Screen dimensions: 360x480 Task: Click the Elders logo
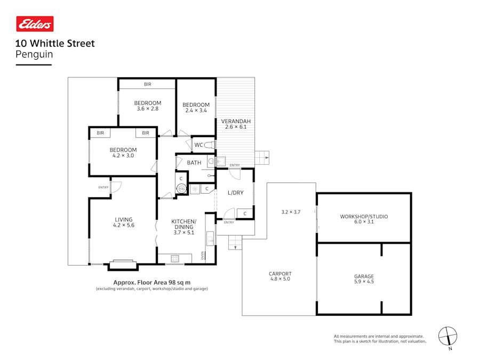tap(35, 24)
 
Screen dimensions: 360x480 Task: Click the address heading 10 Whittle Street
tap(55, 43)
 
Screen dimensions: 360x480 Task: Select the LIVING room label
tap(123, 219)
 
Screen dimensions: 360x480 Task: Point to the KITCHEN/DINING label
tap(183, 224)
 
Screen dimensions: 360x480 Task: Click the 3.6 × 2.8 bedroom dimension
tap(147, 109)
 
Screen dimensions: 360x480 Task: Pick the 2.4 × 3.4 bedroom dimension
tap(196, 110)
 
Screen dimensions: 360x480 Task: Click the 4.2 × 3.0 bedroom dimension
tap(123, 156)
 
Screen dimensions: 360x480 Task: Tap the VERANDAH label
tap(236, 121)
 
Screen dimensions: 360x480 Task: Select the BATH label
tap(194, 163)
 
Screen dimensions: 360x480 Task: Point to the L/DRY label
tap(235, 193)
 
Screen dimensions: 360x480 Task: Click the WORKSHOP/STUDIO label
tap(364, 217)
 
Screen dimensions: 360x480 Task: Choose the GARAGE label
tap(364, 276)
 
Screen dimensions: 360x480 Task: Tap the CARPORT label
tap(280, 274)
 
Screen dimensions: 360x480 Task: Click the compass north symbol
tap(447, 336)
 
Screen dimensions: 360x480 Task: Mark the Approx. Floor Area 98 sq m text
tap(152, 282)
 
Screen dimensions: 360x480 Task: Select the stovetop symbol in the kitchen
tap(175, 259)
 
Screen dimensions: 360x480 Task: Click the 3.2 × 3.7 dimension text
tap(291, 212)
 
